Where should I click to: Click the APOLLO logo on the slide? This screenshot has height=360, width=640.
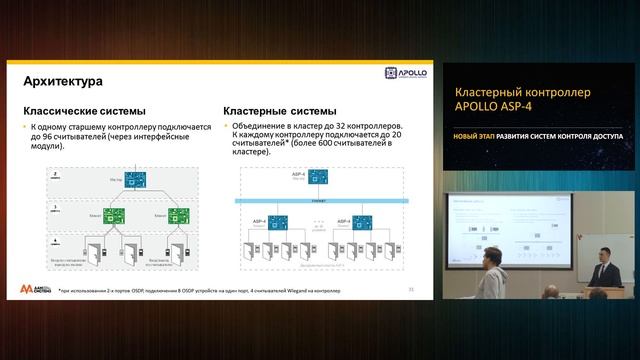click(405, 74)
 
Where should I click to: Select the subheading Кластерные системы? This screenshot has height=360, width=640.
click(281, 111)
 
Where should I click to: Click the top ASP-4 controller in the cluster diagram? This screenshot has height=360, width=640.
click(317, 178)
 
